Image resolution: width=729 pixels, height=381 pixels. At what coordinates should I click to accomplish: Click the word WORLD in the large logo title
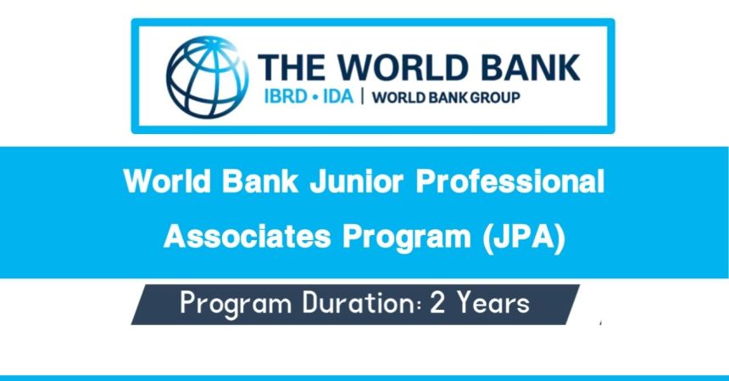401,68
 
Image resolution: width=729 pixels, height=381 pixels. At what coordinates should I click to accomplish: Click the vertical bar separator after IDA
363,96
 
